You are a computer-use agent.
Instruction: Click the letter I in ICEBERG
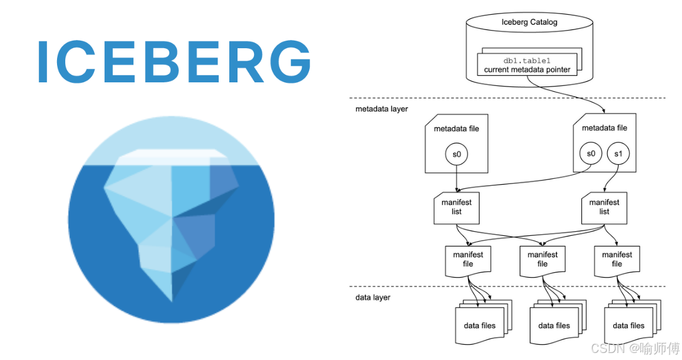coord(42,61)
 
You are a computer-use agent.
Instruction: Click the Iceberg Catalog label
coord(529,22)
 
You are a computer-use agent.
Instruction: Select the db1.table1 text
coord(527,61)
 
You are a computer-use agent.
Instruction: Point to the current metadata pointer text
coord(527,69)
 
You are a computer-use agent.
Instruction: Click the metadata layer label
coord(382,109)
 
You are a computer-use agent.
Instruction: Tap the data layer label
coord(373,297)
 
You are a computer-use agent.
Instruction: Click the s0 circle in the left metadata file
coord(456,154)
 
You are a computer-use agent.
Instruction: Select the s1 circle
coord(618,154)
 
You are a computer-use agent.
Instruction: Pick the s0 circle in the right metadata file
coord(591,153)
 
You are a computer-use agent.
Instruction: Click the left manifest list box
coord(456,208)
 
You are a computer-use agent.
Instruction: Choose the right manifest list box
coord(604,208)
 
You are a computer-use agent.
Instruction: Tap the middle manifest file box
coord(543,261)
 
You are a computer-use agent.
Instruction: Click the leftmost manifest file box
coord(468,261)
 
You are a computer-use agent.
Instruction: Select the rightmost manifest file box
coord(617,261)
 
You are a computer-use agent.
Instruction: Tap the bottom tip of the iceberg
coord(172,301)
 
